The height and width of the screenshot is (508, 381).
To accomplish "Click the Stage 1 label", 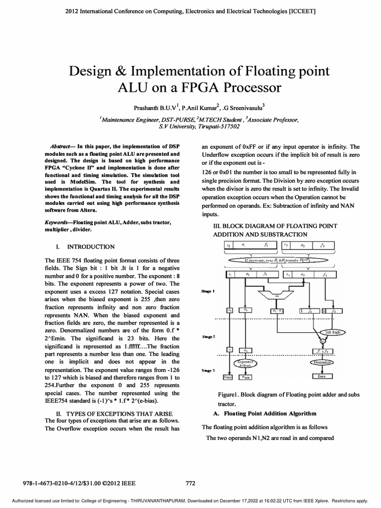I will [207, 292].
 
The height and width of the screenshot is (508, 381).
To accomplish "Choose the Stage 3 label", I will [207, 371].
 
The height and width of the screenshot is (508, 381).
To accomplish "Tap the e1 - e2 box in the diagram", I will [277, 311].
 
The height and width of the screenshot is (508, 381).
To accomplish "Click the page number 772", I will [190, 482].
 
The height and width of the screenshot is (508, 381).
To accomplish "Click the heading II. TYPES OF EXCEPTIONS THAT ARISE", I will [113, 413].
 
